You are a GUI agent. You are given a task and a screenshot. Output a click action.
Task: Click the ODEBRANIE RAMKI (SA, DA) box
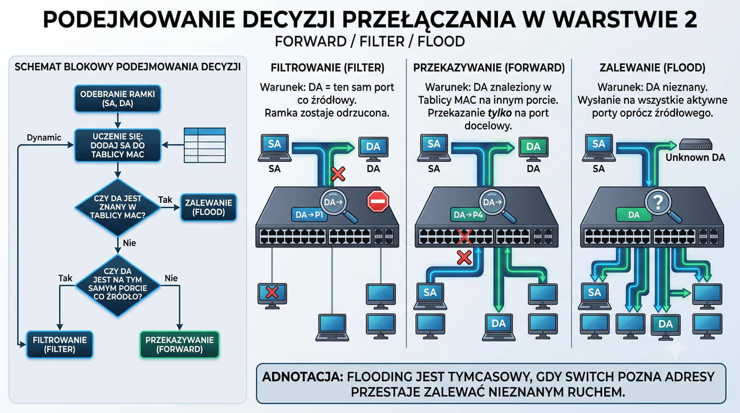[117, 99]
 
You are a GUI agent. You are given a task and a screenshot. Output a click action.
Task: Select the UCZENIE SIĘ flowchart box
[117, 145]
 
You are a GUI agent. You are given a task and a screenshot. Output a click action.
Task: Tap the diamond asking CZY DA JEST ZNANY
[117, 207]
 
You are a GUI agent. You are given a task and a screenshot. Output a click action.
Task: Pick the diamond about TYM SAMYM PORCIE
[117, 284]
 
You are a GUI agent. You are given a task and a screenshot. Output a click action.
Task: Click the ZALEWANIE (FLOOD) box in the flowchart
[208, 207]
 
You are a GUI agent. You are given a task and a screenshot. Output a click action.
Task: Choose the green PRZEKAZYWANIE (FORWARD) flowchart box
[179, 345]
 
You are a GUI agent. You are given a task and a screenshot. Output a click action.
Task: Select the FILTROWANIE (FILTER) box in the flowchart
[59, 345]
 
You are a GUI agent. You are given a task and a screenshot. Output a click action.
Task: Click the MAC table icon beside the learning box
[205, 145]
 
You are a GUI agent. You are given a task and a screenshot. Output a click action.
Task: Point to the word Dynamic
[44, 137]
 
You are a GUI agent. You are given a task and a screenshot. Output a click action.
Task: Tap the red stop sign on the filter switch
[378, 201]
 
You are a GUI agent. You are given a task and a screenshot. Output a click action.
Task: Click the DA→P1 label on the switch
[309, 215]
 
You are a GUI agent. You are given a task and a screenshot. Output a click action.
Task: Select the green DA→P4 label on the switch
[468, 215]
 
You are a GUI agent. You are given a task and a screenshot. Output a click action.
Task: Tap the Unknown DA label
[696, 157]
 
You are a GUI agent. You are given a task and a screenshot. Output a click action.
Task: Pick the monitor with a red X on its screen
[272, 296]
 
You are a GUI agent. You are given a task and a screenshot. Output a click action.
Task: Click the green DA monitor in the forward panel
[533, 149]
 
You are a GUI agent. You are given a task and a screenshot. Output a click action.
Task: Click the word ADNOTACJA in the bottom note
[302, 377]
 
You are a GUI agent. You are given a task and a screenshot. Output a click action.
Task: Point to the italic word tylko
[499, 113]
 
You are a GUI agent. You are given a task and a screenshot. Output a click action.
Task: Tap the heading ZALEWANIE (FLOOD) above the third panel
[652, 67]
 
